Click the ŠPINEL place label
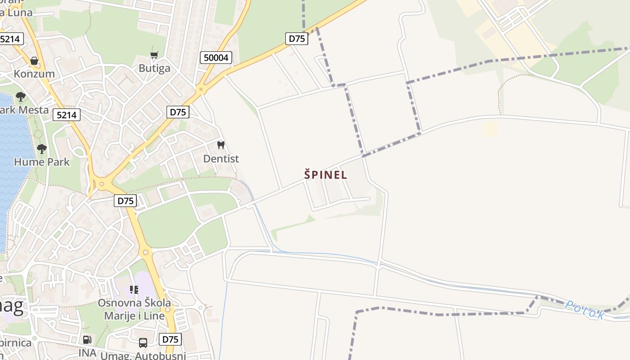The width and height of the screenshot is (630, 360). click(325, 175)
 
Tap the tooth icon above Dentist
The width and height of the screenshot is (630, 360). click(220, 145)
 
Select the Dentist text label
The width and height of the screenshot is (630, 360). click(221, 159)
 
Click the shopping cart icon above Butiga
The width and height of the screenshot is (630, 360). click(154, 55)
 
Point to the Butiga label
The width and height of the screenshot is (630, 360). click(154, 68)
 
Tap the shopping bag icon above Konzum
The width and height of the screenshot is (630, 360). click(34, 61)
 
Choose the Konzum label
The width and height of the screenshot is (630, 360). click(34, 74)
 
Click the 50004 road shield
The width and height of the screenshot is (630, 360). click(216, 58)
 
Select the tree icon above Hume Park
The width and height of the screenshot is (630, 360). click(42, 148)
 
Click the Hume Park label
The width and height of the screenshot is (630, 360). click(42, 162)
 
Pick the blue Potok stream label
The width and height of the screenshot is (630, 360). click(585, 310)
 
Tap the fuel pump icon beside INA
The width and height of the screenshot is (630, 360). click(87, 340)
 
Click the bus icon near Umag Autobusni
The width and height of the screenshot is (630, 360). click(143, 343)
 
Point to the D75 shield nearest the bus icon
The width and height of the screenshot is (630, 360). click(170, 339)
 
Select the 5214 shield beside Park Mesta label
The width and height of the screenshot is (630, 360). click(67, 115)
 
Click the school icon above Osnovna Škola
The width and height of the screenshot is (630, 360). click(134, 289)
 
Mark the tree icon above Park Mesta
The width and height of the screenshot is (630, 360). click(20, 96)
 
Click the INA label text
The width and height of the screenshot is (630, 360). click(87, 352)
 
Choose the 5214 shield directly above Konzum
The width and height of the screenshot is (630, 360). click(10, 39)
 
